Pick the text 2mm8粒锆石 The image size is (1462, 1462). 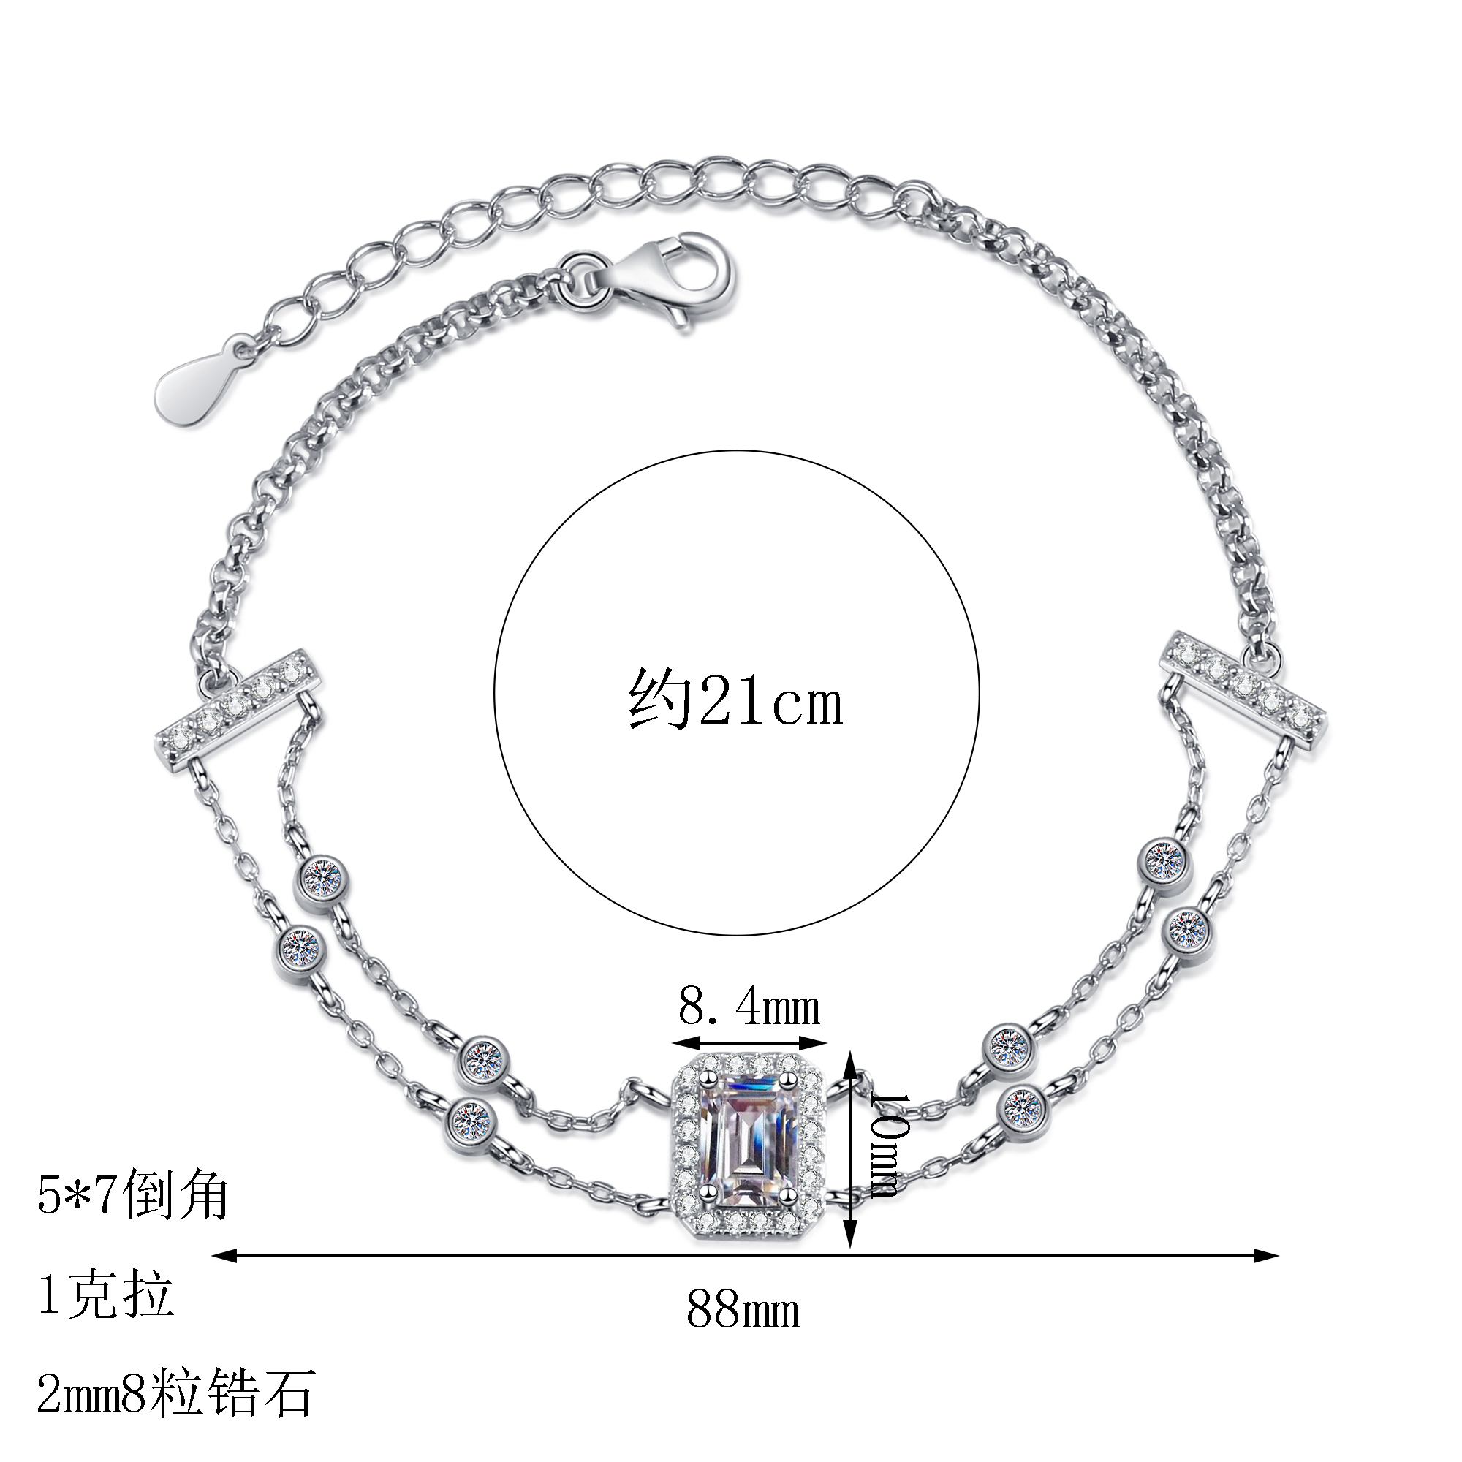[175, 1392]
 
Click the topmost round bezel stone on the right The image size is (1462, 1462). [1164, 857]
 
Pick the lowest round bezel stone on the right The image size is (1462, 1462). [1023, 1107]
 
